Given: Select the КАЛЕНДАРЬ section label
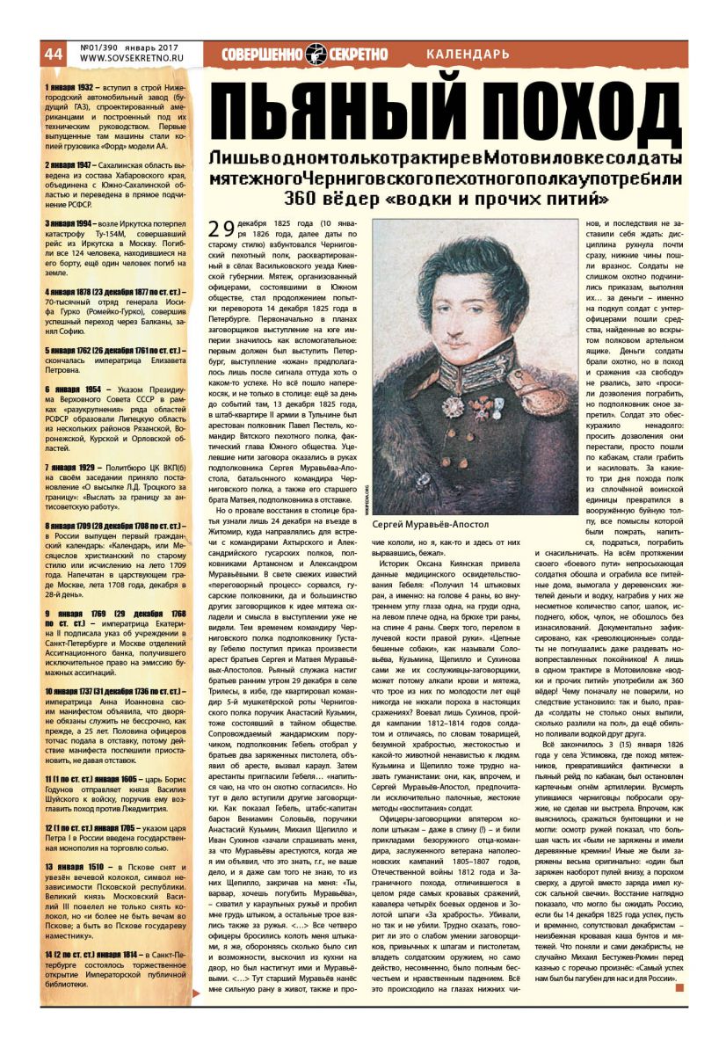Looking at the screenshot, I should point(467,55).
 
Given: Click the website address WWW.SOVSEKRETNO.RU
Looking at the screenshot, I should point(130,58).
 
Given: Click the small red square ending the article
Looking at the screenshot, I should point(679,987).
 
